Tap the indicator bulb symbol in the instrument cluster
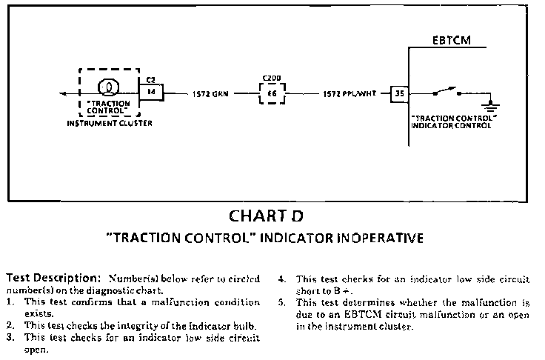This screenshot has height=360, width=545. pos(108,88)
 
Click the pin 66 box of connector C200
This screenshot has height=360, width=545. pos(272,94)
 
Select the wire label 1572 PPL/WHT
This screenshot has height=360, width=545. pos(345,94)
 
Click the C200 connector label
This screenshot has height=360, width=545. pos(272,77)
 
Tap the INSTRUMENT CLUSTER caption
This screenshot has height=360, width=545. pos(108,123)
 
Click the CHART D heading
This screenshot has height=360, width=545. pos(266,216)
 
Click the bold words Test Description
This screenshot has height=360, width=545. pos(53,279)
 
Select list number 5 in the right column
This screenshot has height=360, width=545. pos(282,302)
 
